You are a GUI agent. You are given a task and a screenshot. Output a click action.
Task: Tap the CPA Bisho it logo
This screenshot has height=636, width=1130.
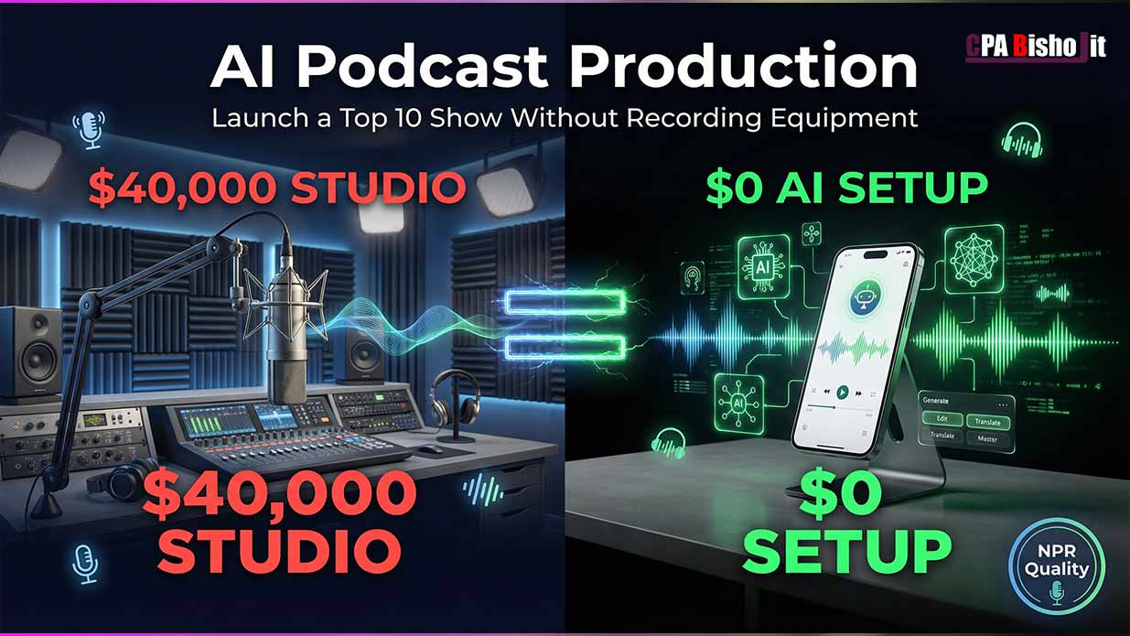1036,47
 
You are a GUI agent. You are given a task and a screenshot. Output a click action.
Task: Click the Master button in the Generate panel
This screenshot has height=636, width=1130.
987,439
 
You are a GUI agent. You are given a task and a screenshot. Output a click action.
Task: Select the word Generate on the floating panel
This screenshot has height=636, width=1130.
936,401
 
